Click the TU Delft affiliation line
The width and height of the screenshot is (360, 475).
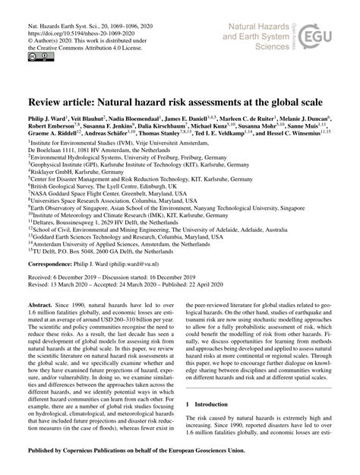[90, 252]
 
